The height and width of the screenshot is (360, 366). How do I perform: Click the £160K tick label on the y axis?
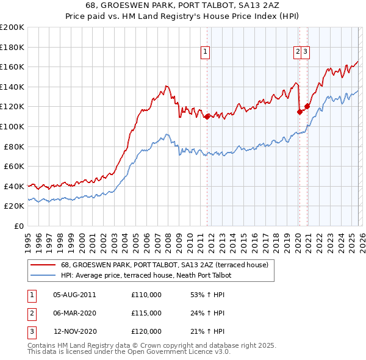click(12, 67)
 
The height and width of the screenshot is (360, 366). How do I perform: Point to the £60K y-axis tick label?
click(14, 166)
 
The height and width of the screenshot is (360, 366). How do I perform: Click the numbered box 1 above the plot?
click(206, 53)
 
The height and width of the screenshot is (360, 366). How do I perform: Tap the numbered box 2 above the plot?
click(298, 53)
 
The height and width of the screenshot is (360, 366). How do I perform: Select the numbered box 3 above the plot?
click(306, 53)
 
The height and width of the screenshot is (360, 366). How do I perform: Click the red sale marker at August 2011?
click(207, 116)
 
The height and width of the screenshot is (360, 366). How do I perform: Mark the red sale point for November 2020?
click(307, 106)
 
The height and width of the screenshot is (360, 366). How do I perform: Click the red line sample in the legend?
click(42, 265)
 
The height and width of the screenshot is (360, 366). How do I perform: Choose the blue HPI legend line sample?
click(42, 275)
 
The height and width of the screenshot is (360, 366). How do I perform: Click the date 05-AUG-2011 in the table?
click(74, 295)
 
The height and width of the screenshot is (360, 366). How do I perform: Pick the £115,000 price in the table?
click(146, 313)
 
